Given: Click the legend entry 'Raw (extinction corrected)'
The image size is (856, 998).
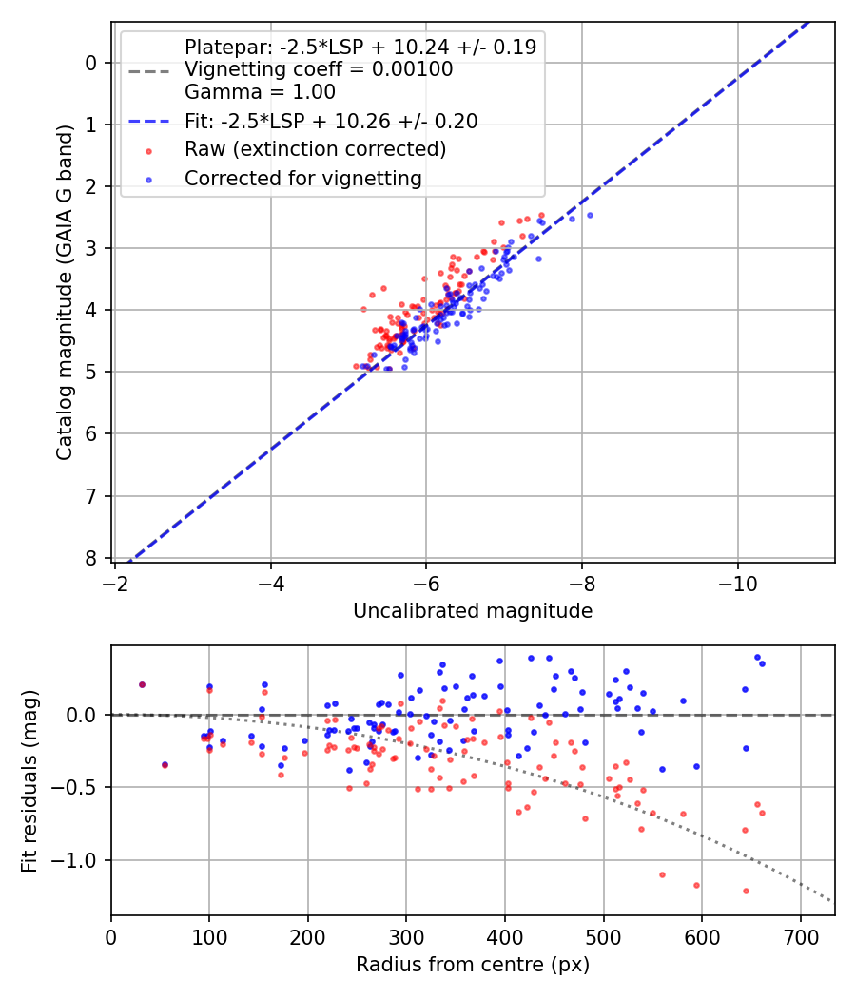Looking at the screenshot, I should (315, 149).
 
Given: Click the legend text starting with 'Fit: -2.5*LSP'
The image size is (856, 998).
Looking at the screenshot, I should (330, 121).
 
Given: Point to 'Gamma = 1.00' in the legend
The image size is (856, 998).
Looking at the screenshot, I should (260, 92).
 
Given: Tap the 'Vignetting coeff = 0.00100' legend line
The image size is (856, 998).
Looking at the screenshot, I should (318, 69).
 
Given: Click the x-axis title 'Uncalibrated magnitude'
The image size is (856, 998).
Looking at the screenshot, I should (473, 611).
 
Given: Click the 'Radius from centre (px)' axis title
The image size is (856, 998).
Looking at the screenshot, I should (473, 965).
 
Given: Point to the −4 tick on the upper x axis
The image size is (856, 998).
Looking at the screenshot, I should (270, 579).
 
